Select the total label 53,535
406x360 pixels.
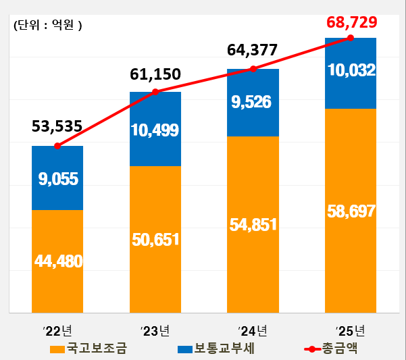57,126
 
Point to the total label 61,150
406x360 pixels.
155,74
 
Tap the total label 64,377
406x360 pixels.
253,50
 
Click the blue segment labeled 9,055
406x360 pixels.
57,178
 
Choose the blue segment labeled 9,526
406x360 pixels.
253,103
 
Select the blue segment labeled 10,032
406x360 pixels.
351,70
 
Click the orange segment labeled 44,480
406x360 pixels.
57,261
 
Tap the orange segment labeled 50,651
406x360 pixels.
155,238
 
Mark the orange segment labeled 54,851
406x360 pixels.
253,224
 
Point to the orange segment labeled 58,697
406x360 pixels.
351,210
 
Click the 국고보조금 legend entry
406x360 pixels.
88,349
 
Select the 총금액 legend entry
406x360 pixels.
330,349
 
